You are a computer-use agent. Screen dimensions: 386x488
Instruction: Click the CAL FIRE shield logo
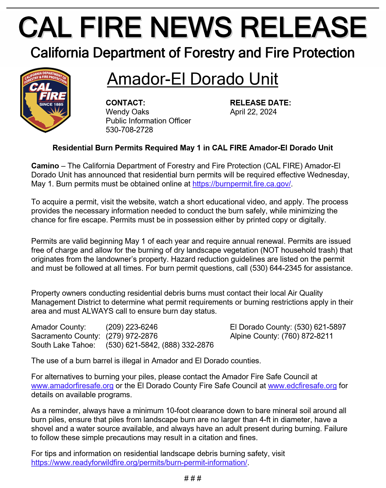click(45, 100)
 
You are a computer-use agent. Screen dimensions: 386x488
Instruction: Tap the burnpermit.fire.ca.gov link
click(242, 184)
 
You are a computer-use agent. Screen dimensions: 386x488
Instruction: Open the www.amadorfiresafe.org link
click(72, 386)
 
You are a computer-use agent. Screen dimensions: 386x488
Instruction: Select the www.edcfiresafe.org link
click(302, 386)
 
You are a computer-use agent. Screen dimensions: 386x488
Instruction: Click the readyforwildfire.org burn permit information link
click(139, 463)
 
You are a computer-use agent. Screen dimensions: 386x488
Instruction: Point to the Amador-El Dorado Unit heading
click(192, 79)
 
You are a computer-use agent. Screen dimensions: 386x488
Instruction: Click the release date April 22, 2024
click(253, 112)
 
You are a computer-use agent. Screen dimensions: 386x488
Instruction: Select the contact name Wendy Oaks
click(127, 112)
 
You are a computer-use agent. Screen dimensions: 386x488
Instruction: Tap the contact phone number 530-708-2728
click(129, 130)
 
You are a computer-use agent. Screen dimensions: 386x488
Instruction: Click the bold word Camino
click(45, 166)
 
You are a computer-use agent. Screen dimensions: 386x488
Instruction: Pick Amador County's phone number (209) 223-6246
click(132, 327)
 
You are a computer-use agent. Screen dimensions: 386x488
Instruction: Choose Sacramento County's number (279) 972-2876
click(132, 336)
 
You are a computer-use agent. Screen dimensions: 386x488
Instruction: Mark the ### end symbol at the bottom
click(193, 478)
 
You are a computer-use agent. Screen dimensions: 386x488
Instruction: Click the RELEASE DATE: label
click(260, 103)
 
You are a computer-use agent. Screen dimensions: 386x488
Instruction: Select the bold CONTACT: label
click(126, 103)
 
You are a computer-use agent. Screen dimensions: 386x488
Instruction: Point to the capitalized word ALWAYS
click(98, 311)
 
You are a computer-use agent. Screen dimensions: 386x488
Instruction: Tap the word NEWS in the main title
click(191, 27)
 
